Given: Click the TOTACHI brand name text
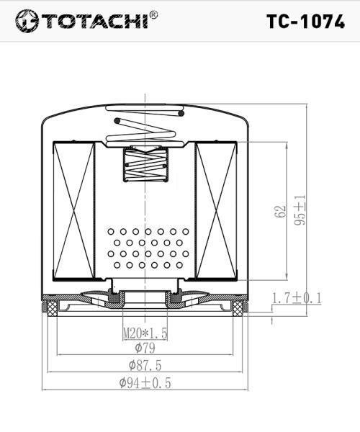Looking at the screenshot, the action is click(95, 21).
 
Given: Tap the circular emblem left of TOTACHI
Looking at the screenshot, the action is click(27, 21).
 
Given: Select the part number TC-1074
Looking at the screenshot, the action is click(305, 22).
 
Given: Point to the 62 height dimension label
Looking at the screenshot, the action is click(280, 211).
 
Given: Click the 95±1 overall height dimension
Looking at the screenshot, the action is click(300, 210).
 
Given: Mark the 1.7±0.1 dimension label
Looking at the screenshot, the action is click(297, 298).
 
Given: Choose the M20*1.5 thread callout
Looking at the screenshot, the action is click(145, 333).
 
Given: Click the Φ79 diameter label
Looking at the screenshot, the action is click(145, 348).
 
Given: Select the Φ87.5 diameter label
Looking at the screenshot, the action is click(145, 365).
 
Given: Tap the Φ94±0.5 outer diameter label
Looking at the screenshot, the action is click(145, 383).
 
